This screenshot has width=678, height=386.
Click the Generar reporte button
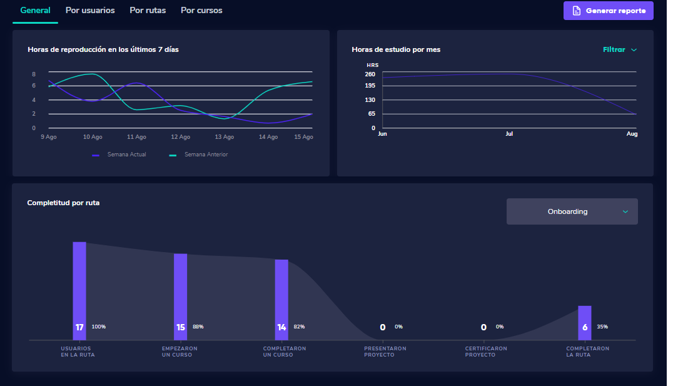608,11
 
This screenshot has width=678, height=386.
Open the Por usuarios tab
90,11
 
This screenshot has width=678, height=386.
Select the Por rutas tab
148,11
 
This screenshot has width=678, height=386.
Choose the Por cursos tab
201,11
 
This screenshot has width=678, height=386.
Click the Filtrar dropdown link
619,49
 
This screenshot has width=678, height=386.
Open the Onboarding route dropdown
572,211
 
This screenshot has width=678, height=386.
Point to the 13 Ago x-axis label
224,137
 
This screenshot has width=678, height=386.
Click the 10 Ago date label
93,137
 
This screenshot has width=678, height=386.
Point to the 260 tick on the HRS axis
370,74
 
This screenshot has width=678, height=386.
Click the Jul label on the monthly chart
509,134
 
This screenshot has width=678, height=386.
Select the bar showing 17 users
79,290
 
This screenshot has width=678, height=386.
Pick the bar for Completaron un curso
281,299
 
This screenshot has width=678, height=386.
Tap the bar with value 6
584,322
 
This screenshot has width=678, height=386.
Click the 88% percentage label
198,327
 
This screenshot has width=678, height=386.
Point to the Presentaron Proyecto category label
385,352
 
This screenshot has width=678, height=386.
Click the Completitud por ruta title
63,203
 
